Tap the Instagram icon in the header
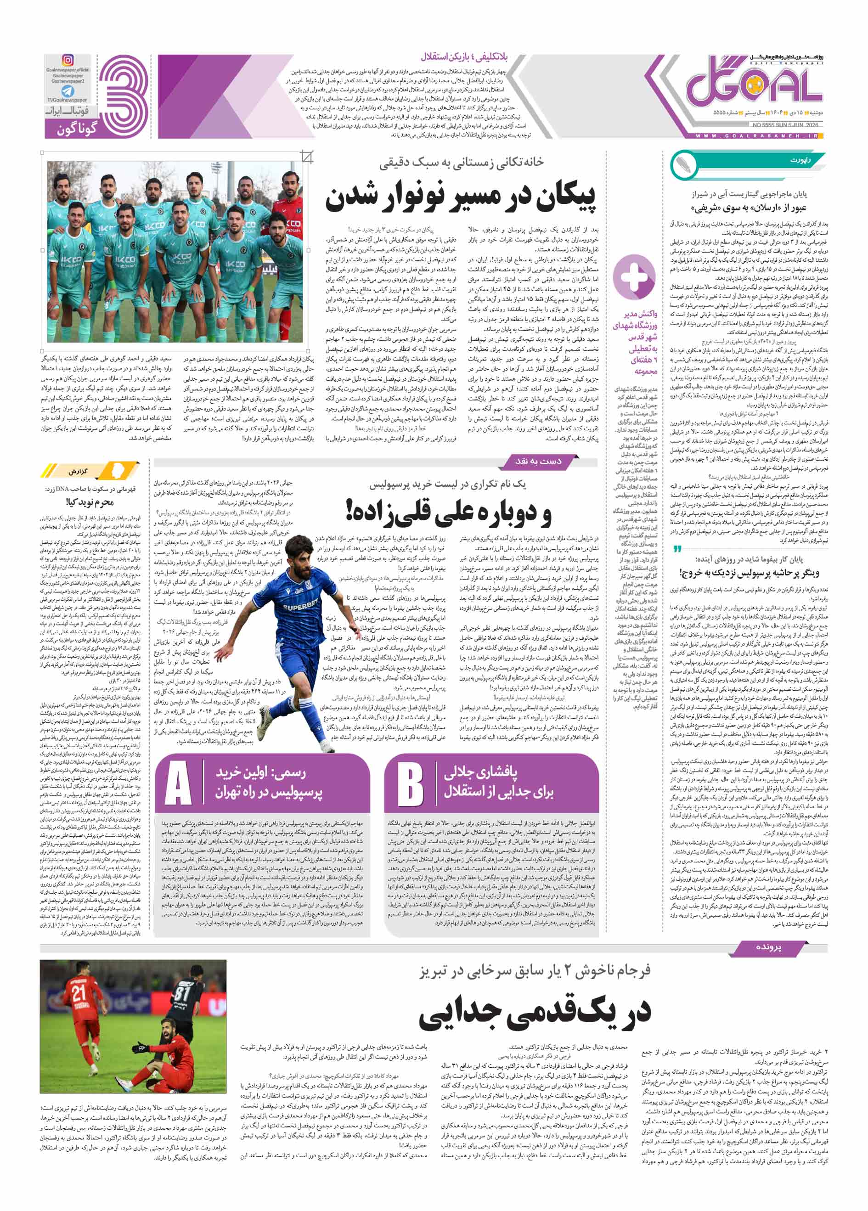[68, 60]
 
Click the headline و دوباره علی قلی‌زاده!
[448, 512]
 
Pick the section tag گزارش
[78, 471]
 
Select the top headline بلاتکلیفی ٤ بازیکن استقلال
[464, 56]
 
